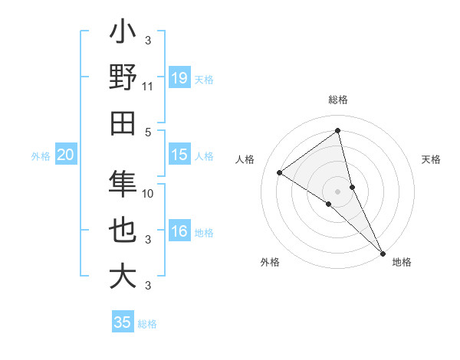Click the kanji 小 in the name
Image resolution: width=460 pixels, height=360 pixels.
[123, 34]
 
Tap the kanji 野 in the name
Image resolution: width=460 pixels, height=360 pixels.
[123, 78]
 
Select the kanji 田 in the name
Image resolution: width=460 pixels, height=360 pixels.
[123, 123]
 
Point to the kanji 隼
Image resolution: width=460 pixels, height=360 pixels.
[123, 185]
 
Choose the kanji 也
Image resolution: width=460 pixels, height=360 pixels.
[123, 231]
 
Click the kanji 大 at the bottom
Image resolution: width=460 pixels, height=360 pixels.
[123, 276]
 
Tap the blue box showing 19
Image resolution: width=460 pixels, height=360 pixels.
[179, 77]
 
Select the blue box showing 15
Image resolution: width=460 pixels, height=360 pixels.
[179, 155]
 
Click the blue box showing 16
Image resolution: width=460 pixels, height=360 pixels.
[179, 232]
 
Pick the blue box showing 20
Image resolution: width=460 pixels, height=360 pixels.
[65, 155]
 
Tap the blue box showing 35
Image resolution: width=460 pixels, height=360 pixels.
[123, 322]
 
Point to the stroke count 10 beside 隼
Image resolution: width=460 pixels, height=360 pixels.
[149, 193]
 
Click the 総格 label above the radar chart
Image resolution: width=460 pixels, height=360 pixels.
[337, 100]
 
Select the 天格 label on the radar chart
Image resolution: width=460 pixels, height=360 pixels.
[432, 159]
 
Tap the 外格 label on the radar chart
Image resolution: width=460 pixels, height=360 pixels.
[270, 262]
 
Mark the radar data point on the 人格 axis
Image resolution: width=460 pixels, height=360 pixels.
[280, 172]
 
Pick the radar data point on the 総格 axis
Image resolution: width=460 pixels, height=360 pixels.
[337, 130]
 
